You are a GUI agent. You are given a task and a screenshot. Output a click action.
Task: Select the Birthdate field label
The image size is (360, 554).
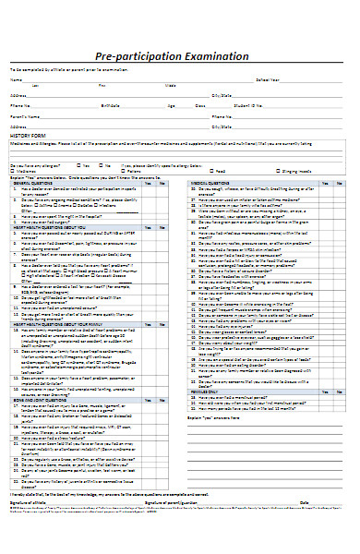(x=110, y=105)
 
